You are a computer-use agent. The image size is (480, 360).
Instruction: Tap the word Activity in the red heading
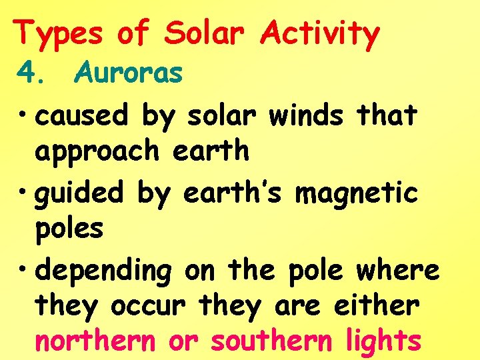(x=321, y=33)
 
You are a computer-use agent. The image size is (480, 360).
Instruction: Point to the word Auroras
(x=129, y=73)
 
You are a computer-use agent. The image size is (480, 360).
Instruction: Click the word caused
(x=81, y=115)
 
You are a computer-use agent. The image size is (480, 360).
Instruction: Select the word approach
(x=97, y=152)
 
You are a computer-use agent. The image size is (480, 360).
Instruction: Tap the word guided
(x=81, y=193)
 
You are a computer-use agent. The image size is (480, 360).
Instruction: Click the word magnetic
(x=356, y=193)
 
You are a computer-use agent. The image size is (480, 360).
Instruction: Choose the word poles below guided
(x=69, y=229)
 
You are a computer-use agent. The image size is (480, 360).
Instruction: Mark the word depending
(x=103, y=271)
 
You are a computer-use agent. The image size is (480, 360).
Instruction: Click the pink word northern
(x=95, y=341)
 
